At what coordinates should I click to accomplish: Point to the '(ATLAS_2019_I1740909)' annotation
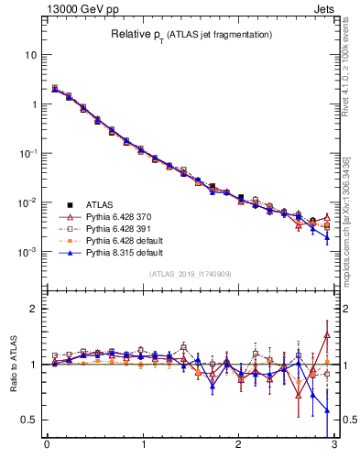point(191,274)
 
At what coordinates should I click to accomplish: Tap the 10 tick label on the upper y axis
point(31,55)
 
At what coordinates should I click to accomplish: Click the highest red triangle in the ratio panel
point(326,335)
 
